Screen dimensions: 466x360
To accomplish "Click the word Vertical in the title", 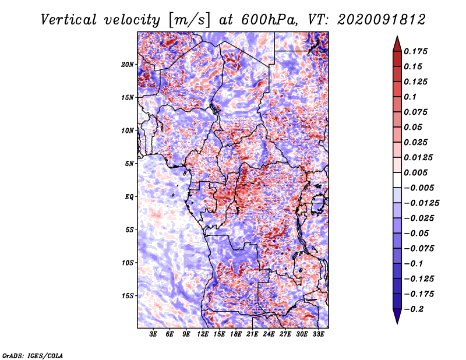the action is click(x=68, y=20).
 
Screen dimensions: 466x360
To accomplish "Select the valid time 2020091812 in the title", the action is click(x=382, y=20).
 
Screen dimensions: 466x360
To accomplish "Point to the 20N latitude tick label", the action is click(x=127, y=65).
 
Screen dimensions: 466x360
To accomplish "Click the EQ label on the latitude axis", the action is click(x=129, y=197).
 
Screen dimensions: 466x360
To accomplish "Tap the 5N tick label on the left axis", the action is click(x=129, y=164).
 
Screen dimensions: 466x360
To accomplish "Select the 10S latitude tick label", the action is click(x=127, y=263).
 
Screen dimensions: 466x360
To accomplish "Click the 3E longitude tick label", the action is click(x=153, y=334).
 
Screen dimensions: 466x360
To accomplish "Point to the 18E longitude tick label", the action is click(x=236, y=334).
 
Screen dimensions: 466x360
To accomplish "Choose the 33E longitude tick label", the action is click(x=318, y=334).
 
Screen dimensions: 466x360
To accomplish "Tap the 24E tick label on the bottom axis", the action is click(x=269, y=334).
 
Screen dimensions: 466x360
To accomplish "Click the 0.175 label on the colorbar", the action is click(x=415, y=51).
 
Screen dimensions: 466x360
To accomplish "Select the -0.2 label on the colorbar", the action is click(x=414, y=309).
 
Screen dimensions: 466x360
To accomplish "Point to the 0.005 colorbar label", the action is click(x=415, y=172).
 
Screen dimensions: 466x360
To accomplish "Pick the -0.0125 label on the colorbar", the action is click(x=421, y=203).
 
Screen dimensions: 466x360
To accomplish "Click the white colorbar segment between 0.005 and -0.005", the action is click(x=397, y=180).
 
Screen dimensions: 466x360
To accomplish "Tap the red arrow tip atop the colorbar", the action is click(x=397, y=37).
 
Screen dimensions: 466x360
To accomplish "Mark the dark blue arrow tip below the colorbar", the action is click(x=397, y=323).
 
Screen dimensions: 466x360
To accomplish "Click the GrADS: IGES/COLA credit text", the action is click(x=33, y=356).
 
